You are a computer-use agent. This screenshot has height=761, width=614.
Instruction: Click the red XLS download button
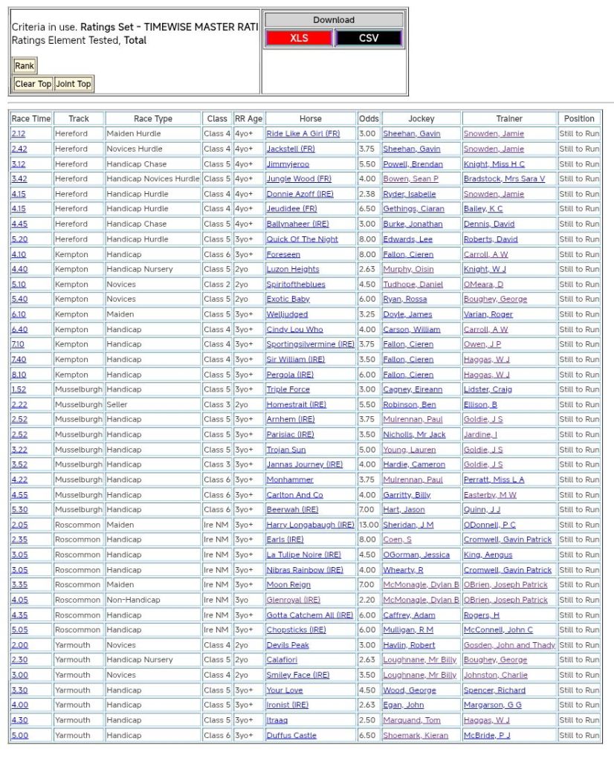299,38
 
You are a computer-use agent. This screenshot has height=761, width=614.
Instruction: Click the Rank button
25,65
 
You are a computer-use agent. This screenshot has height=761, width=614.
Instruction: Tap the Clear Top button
33,84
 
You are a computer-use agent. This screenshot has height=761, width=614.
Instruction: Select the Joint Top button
74,84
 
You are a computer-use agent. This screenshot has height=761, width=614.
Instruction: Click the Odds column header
368,118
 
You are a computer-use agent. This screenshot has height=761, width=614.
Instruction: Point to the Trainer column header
509,118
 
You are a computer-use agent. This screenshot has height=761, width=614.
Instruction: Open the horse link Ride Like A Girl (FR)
303,134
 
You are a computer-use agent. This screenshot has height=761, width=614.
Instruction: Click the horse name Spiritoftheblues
297,284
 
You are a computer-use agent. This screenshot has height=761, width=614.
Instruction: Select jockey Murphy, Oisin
407,269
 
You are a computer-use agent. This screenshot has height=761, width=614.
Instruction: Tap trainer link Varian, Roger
488,314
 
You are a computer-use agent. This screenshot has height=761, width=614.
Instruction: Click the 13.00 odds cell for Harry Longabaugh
368,525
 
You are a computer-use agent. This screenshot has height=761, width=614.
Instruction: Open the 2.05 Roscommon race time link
19,525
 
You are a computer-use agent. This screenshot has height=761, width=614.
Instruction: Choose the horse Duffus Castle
291,735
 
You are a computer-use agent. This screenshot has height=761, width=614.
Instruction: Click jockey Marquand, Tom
411,720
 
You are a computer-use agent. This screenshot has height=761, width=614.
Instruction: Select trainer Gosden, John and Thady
509,645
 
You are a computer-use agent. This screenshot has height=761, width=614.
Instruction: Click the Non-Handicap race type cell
131,600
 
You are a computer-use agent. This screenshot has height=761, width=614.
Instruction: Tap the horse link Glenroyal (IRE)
293,600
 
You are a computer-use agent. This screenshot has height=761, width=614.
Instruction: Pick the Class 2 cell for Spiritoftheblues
217,284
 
